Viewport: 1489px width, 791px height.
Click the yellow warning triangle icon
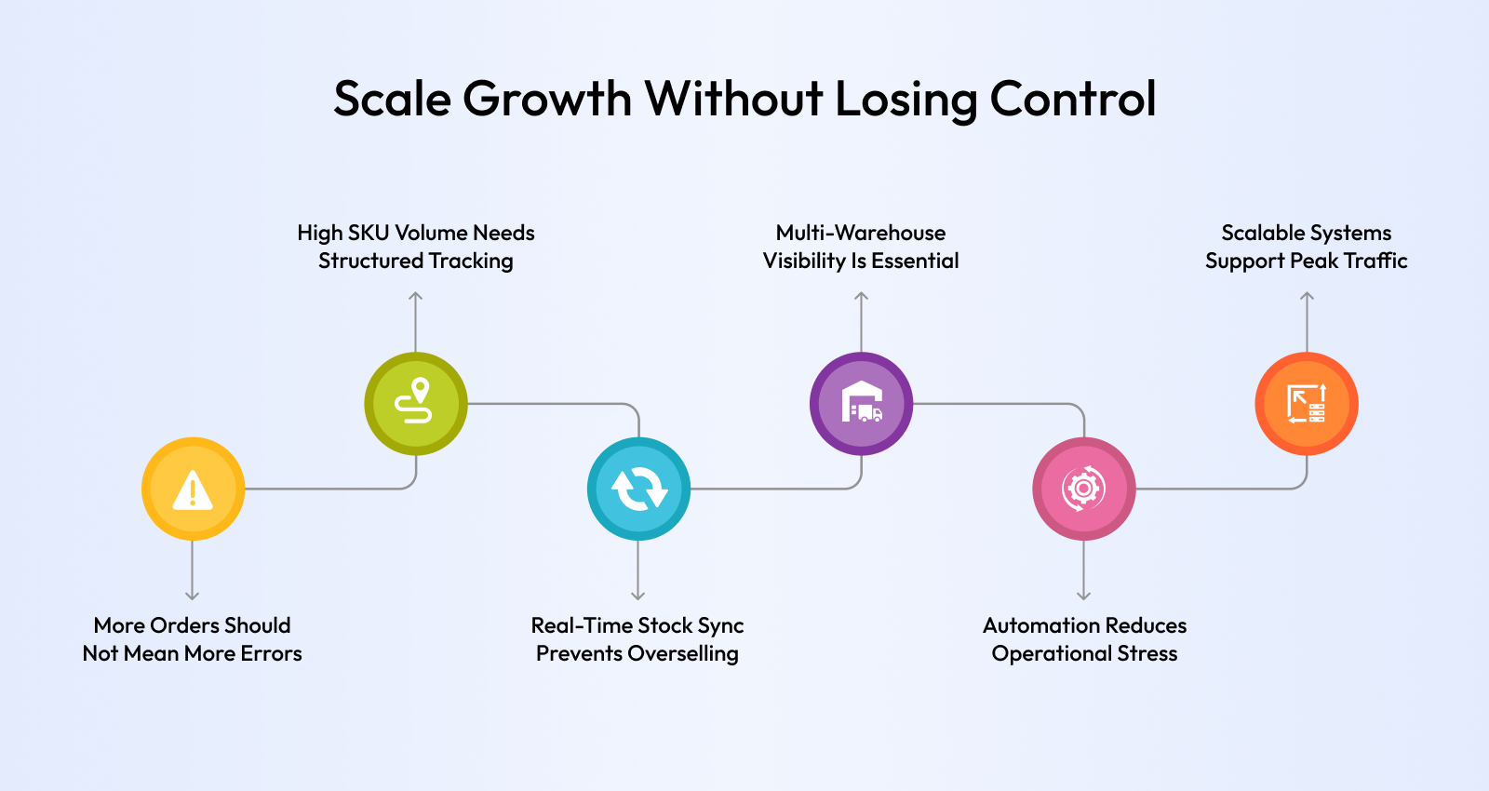point(193,489)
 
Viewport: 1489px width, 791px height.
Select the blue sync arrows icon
point(638,489)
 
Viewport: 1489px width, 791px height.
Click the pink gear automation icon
point(1083,489)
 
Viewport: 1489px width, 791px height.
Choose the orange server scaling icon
point(1307,404)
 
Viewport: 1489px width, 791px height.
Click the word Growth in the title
point(546,100)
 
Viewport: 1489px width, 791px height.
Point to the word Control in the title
point(1073,99)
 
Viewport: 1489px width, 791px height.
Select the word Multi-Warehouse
point(861,233)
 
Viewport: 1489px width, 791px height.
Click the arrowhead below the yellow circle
point(192,596)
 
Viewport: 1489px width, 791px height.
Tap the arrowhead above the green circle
point(415,297)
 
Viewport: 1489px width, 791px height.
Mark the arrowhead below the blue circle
point(638,596)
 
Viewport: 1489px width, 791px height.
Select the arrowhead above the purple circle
point(862,297)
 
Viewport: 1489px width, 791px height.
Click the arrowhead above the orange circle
point(1307,297)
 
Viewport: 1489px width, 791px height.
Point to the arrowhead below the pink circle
point(1083,596)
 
